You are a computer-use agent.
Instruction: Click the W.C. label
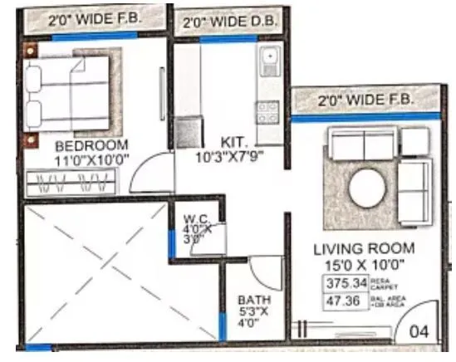click(197, 219)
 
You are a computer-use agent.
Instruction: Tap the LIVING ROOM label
click(365, 249)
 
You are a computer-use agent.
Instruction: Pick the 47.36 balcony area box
click(344, 301)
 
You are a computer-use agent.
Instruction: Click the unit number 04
click(420, 331)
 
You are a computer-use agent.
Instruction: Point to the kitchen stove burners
click(267, 109)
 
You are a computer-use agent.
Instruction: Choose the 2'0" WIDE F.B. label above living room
click(365, 101)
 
